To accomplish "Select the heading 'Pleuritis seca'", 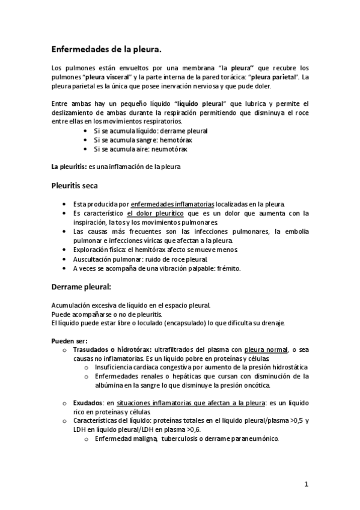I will (79, 185).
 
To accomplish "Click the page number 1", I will (306, 484).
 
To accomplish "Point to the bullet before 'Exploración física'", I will (65, 250).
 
